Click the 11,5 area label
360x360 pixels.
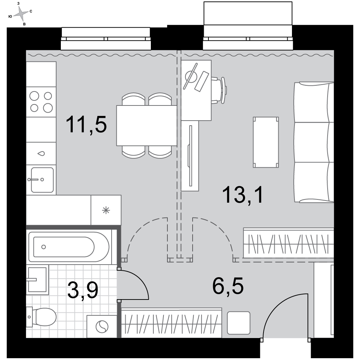point(86,125)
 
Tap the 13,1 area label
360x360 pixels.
point(243,195)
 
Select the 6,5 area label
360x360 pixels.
point(228,286)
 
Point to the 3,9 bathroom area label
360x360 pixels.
point(83,290)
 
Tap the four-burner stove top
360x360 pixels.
point(41,102)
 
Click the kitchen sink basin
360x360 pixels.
point(42,180)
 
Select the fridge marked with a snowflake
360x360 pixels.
point(106,210)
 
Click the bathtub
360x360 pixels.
point(69,247)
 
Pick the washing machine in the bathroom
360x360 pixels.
point(102,327)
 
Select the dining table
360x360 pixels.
point(147,125)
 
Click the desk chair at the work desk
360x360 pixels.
point(219,90)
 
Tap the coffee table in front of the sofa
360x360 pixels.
point(266,142)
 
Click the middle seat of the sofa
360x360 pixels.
point(314,142)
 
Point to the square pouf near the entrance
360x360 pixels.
point(239,323)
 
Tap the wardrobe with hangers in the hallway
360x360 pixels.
point(171,323)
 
